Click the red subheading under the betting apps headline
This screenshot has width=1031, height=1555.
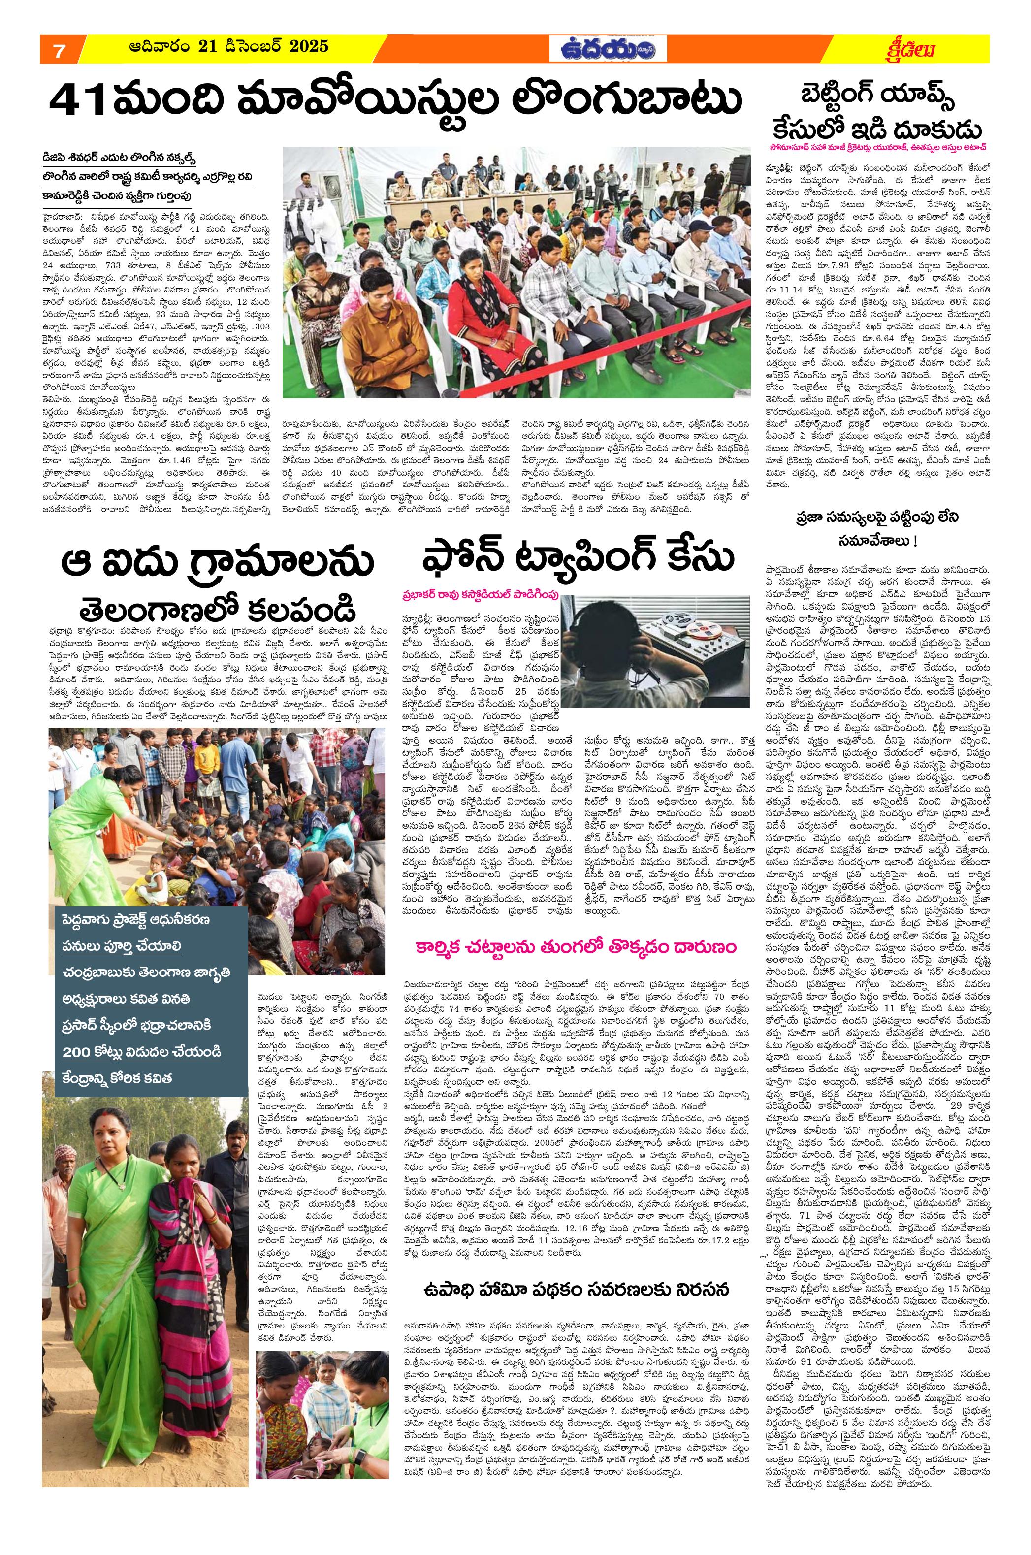877,146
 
